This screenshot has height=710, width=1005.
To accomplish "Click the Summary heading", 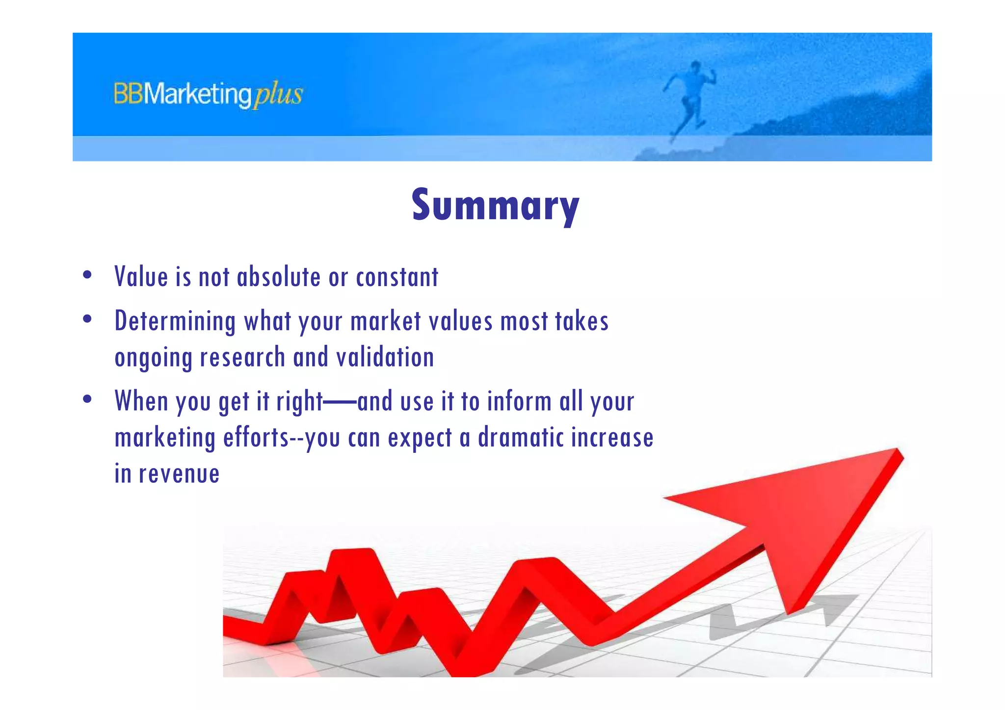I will click(x=495, y=205).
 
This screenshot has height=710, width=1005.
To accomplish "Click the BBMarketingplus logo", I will click(x=208, y=94).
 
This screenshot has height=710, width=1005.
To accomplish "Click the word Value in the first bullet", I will click(x=141, y=277).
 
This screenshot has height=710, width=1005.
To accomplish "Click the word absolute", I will click(x=278, y=277).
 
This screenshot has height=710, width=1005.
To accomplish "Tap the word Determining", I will click(x=175, y=322).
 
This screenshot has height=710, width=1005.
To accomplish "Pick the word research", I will click(x=242, y=357).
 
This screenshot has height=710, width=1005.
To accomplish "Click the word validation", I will click(x=385, y=357).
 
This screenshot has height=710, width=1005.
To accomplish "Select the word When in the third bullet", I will click(x=141, y=401).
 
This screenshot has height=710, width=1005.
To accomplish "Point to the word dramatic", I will click(x=520, y=438).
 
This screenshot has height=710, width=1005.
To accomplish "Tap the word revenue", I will click(x=179, y=474).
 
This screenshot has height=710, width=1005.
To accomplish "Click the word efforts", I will click(x=256, y=438).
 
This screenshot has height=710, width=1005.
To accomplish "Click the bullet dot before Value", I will click(x=87, y=275).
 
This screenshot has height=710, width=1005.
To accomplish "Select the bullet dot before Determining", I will click(x=87, y=320).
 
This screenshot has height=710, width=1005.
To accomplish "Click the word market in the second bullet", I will click(x=385, y=322).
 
